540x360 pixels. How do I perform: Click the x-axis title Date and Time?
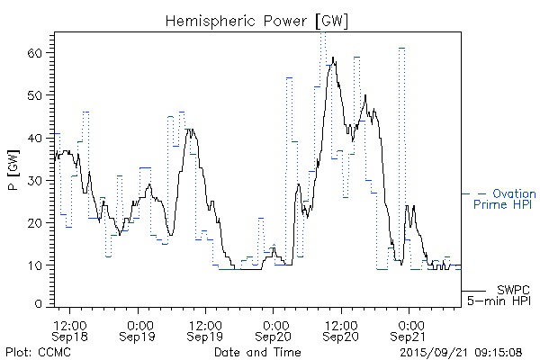click(x=257, y=352)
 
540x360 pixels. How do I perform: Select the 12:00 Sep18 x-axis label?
click(x=70, y=328)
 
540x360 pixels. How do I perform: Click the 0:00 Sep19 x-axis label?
click(x=139, y=328)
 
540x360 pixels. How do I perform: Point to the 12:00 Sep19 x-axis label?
click(x=205, y=328)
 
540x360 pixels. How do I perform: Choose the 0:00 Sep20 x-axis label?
click(x=274, y=328)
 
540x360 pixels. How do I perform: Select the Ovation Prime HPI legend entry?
click(x=504, y=199)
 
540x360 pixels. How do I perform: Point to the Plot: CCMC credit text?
click(x=38, y=352)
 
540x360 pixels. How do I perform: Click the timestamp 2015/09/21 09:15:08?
click(x=462, y=352)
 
